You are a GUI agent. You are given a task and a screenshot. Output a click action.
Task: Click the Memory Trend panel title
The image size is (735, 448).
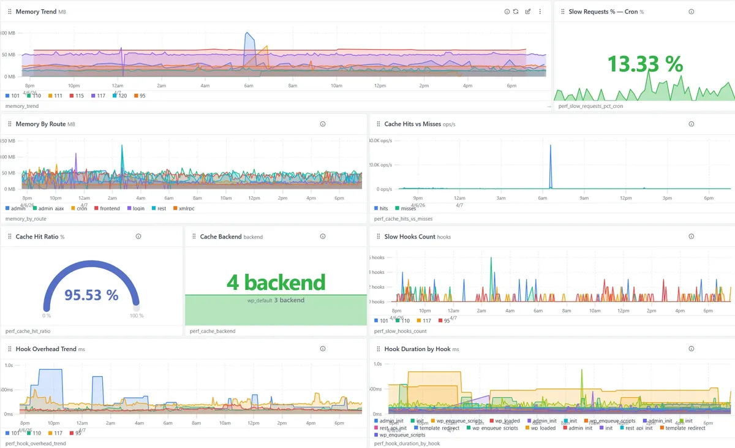pos(36,12)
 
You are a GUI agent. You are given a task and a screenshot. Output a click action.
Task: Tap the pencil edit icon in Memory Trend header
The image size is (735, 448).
pos(528,12)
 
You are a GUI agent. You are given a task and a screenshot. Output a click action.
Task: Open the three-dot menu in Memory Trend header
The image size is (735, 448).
pos(540,12)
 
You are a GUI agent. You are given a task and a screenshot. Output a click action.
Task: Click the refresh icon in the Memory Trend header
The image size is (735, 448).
pos(516,12)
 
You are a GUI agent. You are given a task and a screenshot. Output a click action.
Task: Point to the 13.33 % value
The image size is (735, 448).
pos(644,64)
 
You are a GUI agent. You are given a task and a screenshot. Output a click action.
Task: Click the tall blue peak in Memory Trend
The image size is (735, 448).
pos(247,34)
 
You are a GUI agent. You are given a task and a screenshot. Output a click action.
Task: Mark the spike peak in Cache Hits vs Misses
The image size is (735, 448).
pos(551,146)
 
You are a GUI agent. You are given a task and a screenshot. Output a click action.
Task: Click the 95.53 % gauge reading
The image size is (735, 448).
pos(91,295)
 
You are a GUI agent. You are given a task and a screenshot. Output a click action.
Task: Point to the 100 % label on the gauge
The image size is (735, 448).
pos(137,316)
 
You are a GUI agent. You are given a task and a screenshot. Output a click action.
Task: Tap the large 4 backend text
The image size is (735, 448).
pos(276,282)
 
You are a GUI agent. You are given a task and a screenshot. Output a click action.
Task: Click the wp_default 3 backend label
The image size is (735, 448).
pos(276,300)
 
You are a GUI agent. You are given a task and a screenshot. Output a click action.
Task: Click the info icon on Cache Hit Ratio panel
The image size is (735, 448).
pos(138,237)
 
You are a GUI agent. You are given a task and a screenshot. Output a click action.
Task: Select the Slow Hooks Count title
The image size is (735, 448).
pos(409,237)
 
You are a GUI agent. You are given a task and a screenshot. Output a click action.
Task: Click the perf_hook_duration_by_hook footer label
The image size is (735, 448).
pos(407,443)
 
